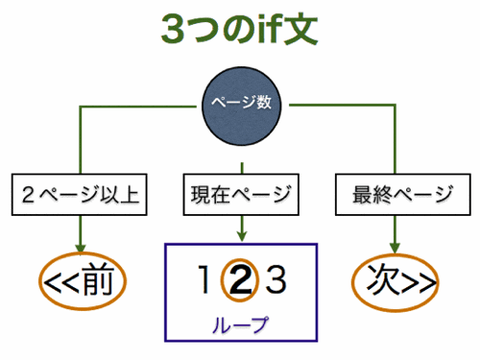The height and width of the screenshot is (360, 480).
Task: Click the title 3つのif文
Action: click(240, 30)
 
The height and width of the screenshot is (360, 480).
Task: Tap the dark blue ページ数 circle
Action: click(240, 103)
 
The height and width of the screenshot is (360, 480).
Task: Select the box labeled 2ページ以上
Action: click(80, 196)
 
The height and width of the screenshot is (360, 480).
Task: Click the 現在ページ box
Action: click(241, 196)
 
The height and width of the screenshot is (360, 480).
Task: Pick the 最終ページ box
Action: click(396, 196)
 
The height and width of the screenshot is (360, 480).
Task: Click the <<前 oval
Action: click(83, 282)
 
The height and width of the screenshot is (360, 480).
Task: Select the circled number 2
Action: click(240, 281)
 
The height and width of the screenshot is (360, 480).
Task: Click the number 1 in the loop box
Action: click(203, 281)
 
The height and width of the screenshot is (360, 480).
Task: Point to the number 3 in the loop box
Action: click(276, 281)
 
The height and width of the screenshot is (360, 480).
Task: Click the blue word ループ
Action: click(240, 324)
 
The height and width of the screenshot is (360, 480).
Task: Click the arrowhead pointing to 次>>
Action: click(396, 247)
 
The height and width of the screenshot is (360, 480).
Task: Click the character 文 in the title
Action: click(300, 30)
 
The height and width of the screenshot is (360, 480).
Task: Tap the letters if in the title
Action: click(265, 30)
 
